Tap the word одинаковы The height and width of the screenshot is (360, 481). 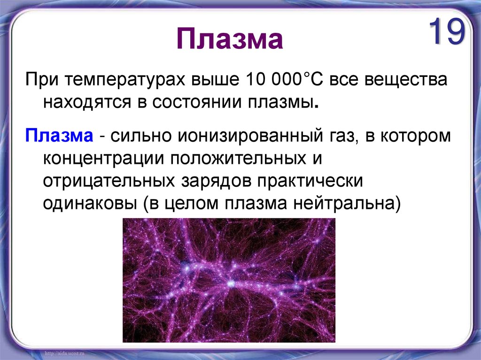point(90,203)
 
